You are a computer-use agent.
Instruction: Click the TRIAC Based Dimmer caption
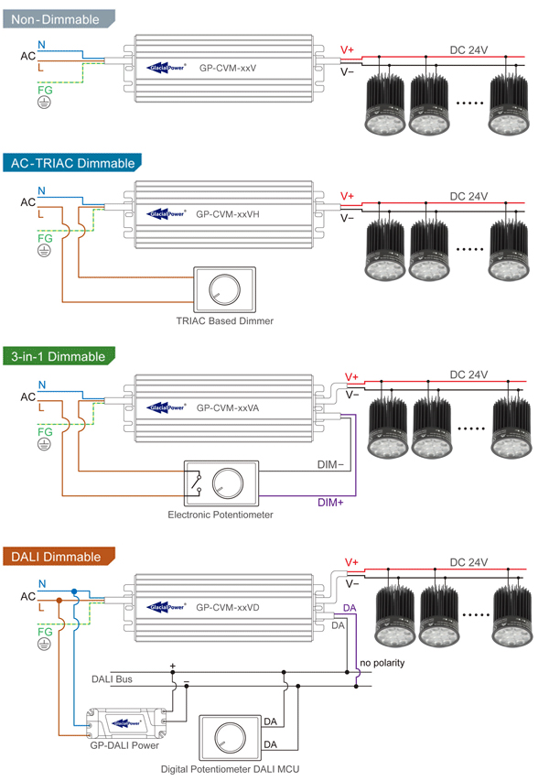[x=224, y=321]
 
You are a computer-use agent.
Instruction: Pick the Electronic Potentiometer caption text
[x=221, y=515]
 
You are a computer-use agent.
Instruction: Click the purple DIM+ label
[x=330, y=502]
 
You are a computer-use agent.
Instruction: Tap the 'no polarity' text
[x=382, y=661]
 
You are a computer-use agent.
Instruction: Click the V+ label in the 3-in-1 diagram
[x=351, y=376]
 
